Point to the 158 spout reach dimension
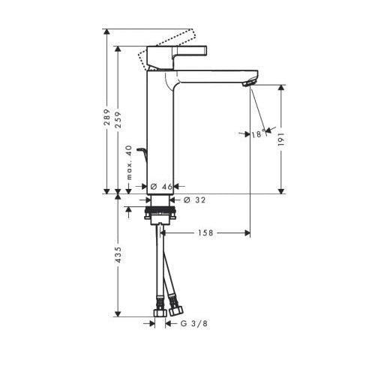click(x=206, y=233)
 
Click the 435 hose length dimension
click(x=118, y=256)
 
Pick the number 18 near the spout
click(x=256, y=134)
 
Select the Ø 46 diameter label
click(x=161, y=185)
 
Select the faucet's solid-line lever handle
click(x=180, y=54)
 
